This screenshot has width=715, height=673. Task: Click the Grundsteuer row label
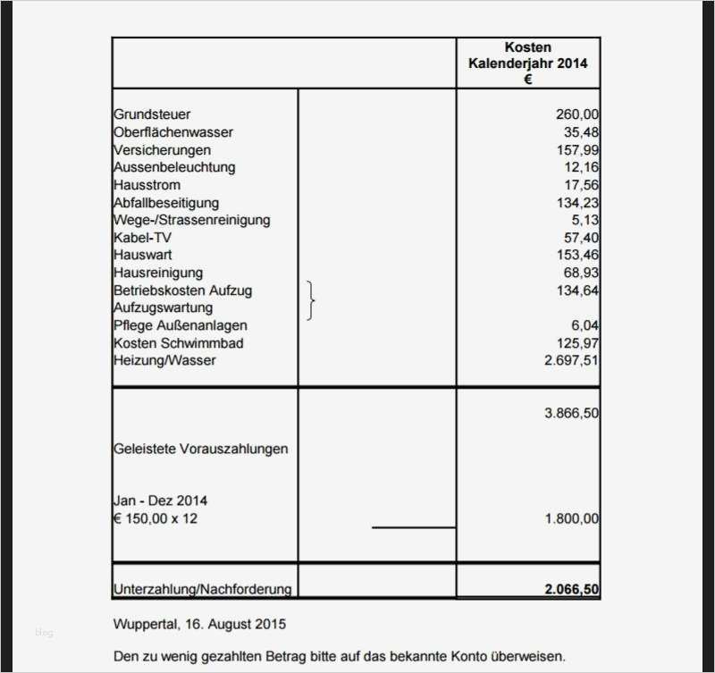coord(152,114)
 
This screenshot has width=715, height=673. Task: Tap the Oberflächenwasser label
coord(173,132)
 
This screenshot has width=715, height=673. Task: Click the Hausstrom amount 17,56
coord(581,185)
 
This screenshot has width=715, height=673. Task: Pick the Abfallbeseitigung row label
coord(166,203)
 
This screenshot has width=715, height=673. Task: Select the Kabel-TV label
coord(142,238)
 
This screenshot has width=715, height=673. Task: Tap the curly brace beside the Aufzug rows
coord(310,299)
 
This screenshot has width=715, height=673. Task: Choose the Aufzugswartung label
coord(164,308)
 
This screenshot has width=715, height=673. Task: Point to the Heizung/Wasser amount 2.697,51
coord(571,360)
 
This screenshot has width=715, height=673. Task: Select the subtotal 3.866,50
coord(571,413)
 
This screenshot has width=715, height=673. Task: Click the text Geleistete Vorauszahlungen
coord(201,449)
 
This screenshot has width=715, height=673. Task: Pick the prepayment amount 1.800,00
coord(571,518)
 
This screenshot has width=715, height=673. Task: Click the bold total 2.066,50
coord(571,589)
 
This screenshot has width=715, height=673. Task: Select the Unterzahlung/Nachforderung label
coord(203,589)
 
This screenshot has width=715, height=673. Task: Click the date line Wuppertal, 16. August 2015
coord(200,623)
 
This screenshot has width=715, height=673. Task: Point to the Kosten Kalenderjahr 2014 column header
coord(528,63)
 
